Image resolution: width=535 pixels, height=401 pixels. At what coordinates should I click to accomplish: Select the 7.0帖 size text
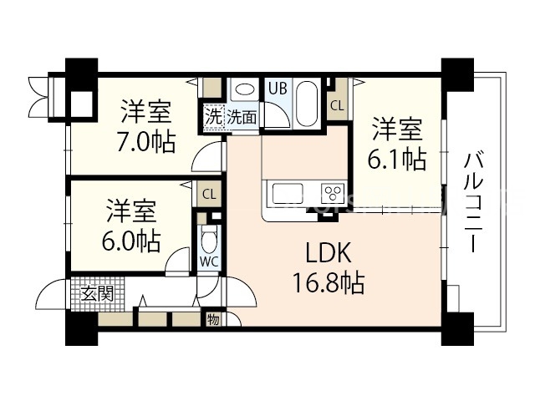146,142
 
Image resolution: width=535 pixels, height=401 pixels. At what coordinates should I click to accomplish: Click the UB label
277,86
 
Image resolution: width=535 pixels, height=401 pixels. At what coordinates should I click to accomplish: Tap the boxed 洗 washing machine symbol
213,117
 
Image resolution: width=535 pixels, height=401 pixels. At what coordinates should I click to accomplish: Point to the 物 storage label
213,318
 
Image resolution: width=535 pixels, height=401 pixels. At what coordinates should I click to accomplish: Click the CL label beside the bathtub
336,105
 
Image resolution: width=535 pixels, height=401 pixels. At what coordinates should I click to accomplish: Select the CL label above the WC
209,195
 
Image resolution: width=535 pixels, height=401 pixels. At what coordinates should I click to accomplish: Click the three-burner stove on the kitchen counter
332,193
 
